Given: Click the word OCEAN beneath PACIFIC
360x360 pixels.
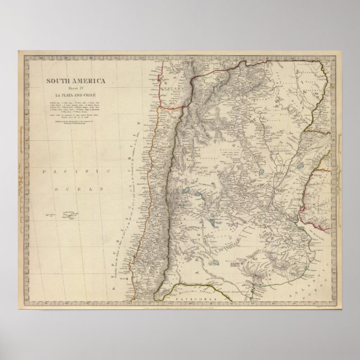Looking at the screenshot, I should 79,191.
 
